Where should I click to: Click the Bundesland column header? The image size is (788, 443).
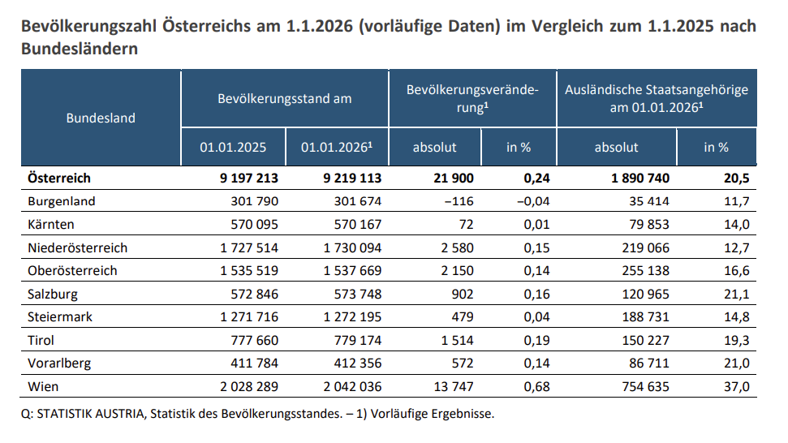pos(101,118)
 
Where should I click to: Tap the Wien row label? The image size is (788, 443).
pos(42,387)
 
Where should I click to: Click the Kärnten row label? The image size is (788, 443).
pos(52,224)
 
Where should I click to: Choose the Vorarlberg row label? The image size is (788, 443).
pos(59,363)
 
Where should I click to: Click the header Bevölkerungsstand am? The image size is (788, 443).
pos(284,99)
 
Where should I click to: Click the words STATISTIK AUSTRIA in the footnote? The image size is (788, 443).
pos(90,414)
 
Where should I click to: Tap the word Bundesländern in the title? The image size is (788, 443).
pos(80,49)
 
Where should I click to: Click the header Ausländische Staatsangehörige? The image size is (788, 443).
pos(656,89)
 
